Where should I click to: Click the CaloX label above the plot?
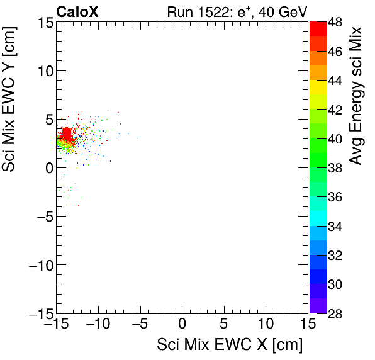tap(77, 11)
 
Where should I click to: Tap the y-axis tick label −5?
tap(41, 216)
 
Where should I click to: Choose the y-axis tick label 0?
tap(47, 167)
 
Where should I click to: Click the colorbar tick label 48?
tap(334, 21)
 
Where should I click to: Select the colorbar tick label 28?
tap(334, 313)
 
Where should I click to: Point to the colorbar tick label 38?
tap(334, 167)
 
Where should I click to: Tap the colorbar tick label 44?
tap(334, 80)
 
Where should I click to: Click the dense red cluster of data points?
tap(67, 134)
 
